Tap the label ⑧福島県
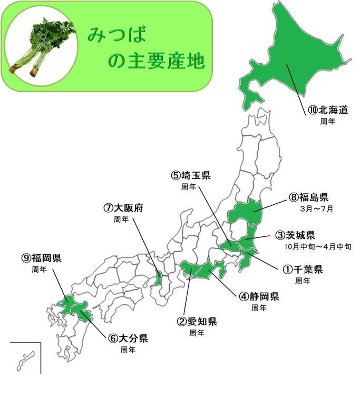click(x=309, y=197)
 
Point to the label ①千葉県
click(x=303, y=269)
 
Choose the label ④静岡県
click(x=259, y=296)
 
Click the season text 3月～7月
click(x=317, y=208)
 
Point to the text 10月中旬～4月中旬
click(x=315, y=246)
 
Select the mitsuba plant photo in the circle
click(x=41, y=45)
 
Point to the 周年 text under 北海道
click(x=328, y=121)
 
